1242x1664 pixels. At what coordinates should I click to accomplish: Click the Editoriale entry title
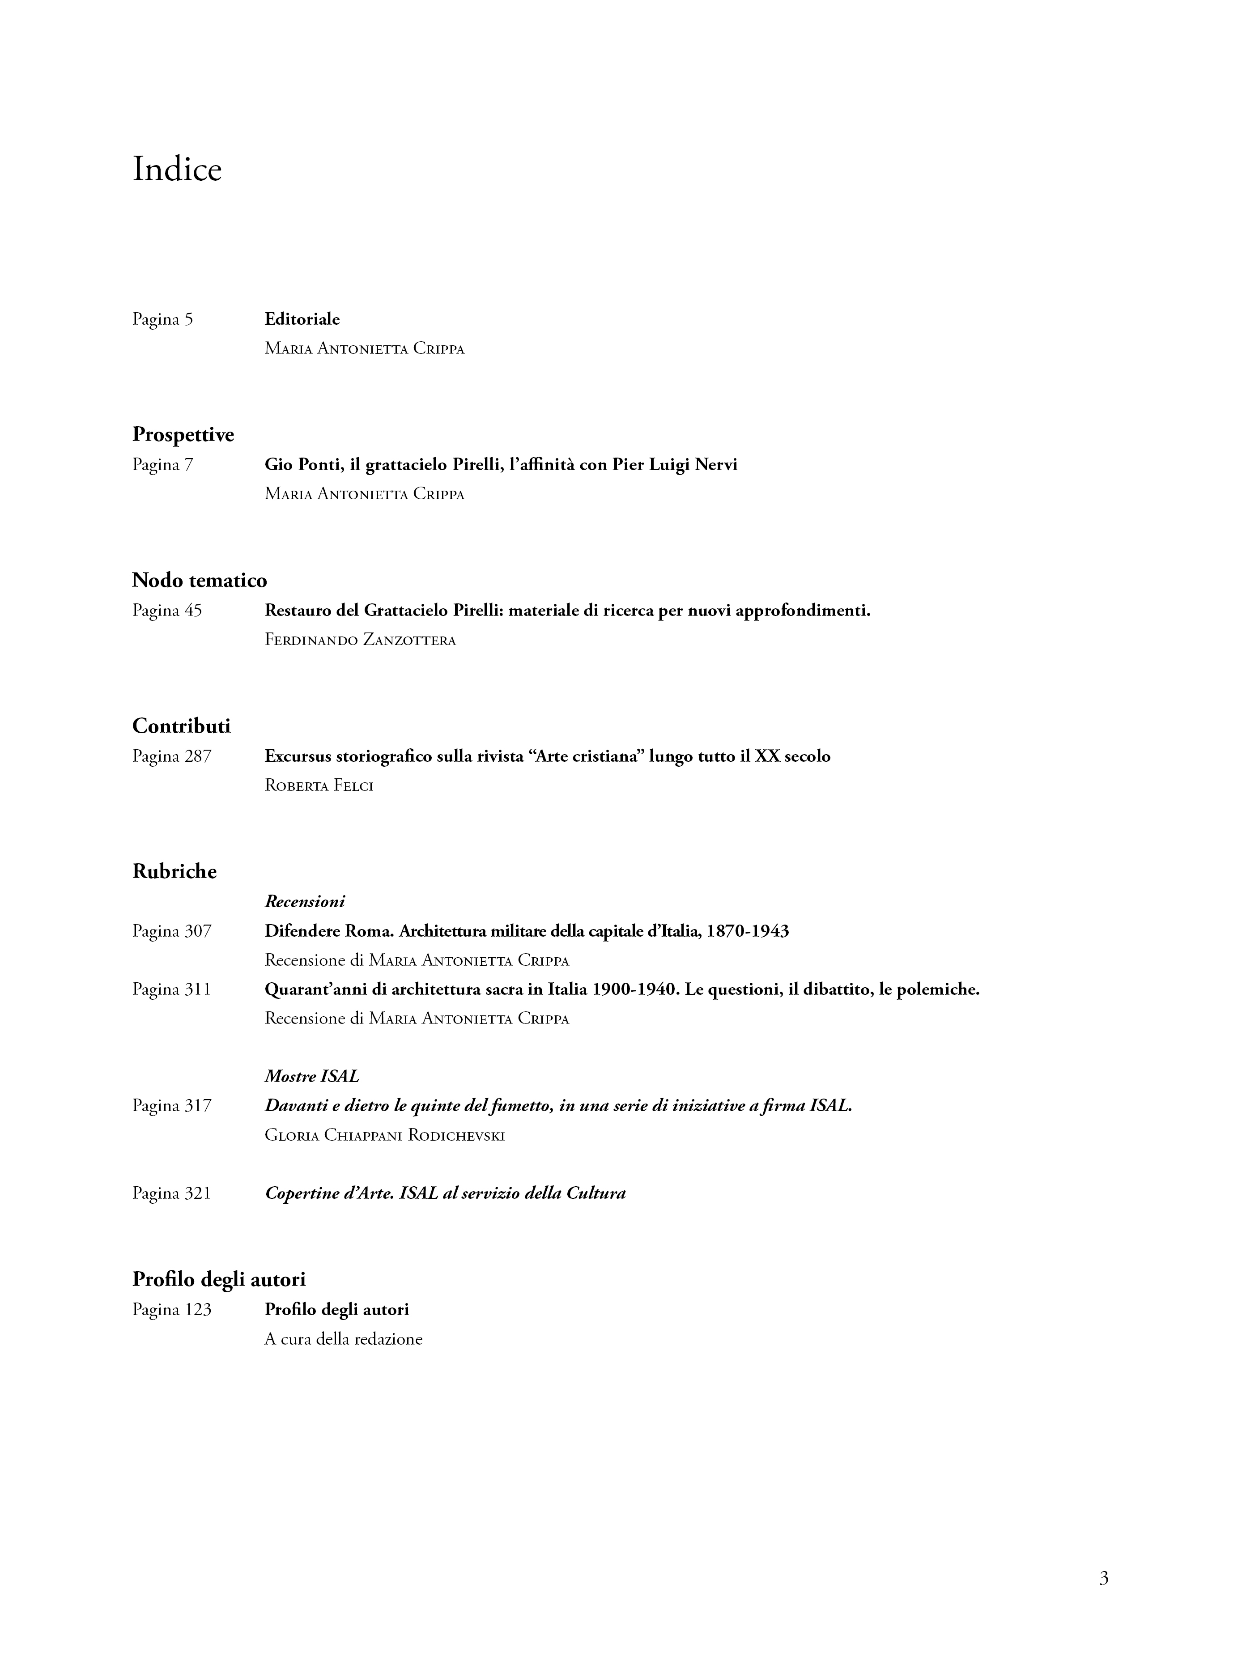tap(302, 319)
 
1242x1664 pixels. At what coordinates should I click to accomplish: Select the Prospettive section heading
tap(183, 434)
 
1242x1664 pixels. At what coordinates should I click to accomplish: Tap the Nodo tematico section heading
tap(199, 580)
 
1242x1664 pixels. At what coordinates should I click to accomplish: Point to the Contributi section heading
tap(181, 726)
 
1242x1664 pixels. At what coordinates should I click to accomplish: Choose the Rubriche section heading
tap(174, 871)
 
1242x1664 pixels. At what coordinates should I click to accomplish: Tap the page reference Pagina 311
tap(171, 990)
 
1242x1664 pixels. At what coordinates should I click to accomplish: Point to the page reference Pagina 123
tap(171, 1310)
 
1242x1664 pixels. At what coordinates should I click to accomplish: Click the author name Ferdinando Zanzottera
tap(360, 641)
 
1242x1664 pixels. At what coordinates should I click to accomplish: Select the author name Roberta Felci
tap(319, 786)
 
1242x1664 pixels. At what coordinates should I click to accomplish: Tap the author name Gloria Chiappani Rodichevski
tap(384, 1136)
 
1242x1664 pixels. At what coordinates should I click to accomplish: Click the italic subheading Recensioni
tap(305, 901)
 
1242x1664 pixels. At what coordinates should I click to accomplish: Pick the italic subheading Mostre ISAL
tap(311, 1076)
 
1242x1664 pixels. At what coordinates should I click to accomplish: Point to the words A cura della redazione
tap(344, 1339)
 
